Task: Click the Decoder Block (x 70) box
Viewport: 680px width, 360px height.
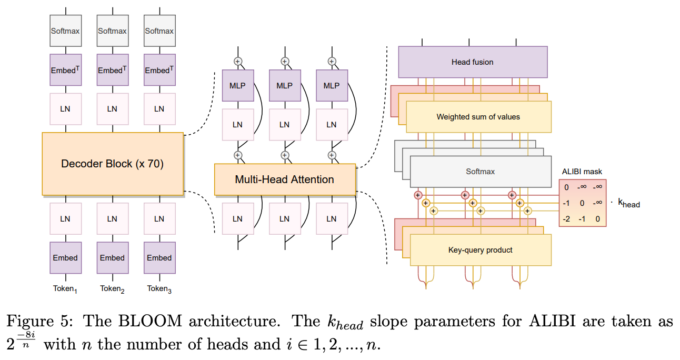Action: (x=112, y=164)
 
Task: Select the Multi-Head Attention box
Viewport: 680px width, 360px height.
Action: (x=284, y=179)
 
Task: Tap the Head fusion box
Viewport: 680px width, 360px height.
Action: (x=472, y=62)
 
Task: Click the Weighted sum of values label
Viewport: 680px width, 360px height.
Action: (x=478, y=117)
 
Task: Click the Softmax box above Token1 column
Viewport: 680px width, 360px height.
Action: (x=65, y=31)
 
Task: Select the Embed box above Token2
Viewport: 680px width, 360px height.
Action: (x=112, y=258)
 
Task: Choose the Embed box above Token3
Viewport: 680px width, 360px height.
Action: (x=159, y=258)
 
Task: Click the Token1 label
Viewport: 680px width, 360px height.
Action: (x=65, y=288)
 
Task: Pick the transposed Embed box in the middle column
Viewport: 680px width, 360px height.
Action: (x=112, y=70)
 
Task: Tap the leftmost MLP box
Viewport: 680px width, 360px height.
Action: (x=237, y=85)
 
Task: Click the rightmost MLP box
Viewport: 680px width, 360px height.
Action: (x=331, y=85)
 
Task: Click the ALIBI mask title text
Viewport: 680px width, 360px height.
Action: (x=582, y=172)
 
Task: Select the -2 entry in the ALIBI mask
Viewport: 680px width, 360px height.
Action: (x=566, y=218)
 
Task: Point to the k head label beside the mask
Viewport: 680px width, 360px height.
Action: (x=628, y=203)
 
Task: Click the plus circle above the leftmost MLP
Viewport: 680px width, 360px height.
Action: (x=237, y=61)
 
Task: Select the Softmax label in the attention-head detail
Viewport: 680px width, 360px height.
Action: (x=480, y=172)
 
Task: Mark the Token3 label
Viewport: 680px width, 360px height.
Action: (x=159, y=288)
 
